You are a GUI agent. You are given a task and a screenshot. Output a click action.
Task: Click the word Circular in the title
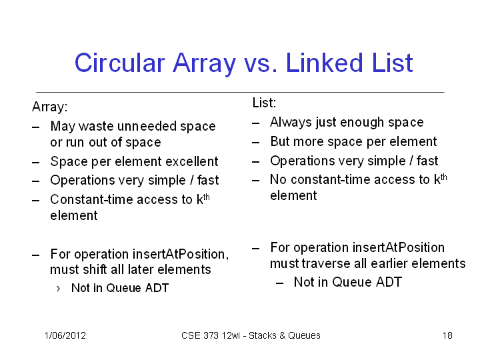pyautogui.click(x=120, y=63)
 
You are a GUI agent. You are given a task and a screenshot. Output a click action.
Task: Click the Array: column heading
pyautogui.click(x=49, y=107)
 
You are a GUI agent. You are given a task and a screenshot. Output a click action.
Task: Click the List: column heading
pyautogui.click(x=264, y=103)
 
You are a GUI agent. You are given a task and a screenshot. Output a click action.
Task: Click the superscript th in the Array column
pyautogui.click(x=206, y=197)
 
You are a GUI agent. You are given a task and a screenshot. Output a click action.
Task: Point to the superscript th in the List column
pyautogui.click(x=443, y=177)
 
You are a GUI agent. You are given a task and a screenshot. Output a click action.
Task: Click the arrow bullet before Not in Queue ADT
pyautogui.click(x=58, y=289)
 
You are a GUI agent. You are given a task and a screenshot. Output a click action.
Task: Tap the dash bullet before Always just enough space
pyautogui.click(x=255, y=123)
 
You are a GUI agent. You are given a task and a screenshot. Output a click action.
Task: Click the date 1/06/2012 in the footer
pyautogui.click(x=65, y=335)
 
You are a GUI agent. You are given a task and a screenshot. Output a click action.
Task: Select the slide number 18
pyautogui.click(x=447, y=335)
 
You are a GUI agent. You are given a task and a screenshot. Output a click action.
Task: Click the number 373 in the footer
pyautogui.click(x=211, y=335)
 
